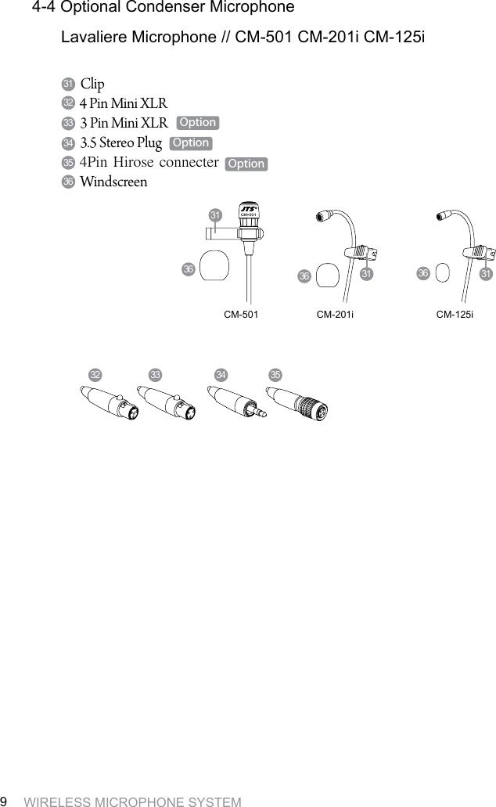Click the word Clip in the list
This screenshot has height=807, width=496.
coord(92,84)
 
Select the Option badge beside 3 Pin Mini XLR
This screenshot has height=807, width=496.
coord(197,123)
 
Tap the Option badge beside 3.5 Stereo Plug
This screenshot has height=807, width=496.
coord(191,142)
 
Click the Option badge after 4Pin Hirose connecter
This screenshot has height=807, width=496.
coord(246,164)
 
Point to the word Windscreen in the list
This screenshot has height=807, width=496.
coord(113,182)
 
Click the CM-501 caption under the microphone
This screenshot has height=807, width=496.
coord(241,313)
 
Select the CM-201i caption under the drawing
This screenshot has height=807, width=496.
coord(335,313)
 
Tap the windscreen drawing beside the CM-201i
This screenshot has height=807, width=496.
coord(329,274)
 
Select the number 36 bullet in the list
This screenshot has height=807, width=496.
coord(68,182)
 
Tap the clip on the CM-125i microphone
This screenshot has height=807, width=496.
coord(476,251)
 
